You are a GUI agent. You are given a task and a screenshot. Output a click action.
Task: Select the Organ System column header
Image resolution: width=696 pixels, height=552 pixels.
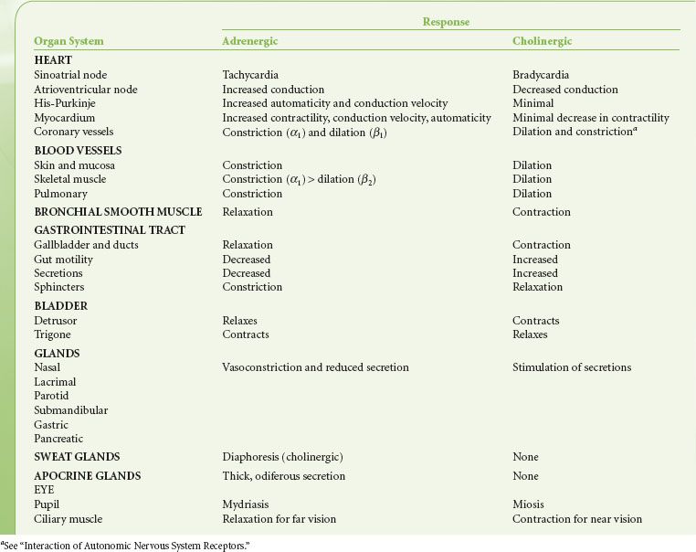click(x=69, y=41)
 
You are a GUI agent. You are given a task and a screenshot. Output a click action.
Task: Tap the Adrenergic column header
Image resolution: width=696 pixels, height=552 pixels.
click(x=250, y=41)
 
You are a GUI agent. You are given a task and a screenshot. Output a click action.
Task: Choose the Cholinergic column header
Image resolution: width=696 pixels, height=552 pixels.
click(x=542, y=41)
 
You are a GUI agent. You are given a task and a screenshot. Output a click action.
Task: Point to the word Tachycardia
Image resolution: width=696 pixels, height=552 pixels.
click(x=250, y=75)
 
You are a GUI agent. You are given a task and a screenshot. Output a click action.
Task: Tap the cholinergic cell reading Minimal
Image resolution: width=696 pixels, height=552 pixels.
click(x=533, y=103)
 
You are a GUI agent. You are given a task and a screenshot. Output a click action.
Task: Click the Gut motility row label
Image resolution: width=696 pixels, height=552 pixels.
click(x=63, y=259)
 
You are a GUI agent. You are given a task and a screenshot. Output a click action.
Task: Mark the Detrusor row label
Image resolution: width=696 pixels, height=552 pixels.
click(x=56, y=321)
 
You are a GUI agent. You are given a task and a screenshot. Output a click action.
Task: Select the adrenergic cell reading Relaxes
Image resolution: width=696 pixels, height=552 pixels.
click(x=239, y=321)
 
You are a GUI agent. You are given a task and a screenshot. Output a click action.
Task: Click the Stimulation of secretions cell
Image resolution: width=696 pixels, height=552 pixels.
click(x=571, y=367)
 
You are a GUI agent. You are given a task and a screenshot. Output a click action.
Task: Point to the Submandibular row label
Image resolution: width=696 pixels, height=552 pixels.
click(x=71, y=410)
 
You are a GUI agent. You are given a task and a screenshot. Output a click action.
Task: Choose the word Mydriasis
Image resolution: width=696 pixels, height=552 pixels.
click(x=247, y=504)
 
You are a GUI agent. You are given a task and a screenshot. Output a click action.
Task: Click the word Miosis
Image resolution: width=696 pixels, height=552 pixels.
click(x=529, y=504)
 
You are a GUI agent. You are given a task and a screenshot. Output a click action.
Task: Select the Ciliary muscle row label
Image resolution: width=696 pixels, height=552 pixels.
click(x=68, y=519)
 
